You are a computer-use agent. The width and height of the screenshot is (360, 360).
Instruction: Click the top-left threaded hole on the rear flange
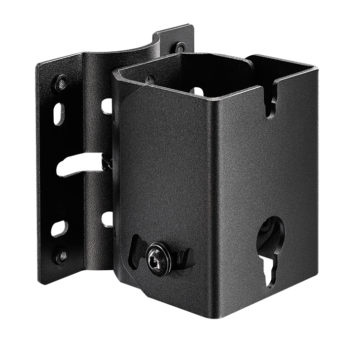point(61,80)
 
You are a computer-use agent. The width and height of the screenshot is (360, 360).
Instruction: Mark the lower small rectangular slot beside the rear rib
point(105,216)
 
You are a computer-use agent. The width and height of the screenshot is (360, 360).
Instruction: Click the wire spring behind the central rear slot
point(104,161)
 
